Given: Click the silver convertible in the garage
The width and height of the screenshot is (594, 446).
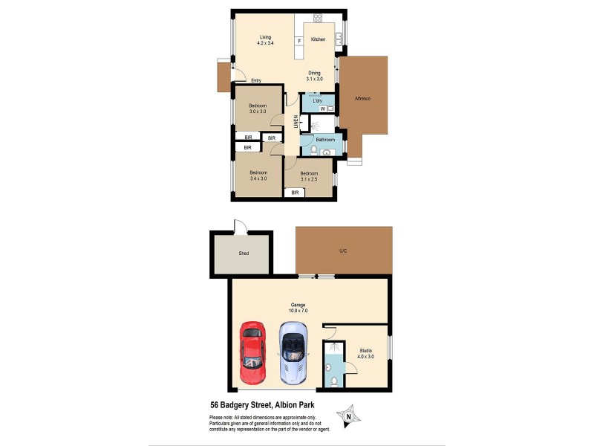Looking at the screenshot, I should coord(293,352).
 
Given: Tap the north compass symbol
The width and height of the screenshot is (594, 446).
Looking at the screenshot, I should coord(347,416).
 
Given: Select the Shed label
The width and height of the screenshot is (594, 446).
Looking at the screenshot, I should coord(244,253).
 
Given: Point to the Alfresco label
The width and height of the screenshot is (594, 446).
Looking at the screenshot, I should coord(362,98).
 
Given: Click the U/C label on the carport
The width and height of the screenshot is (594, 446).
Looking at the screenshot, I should coord(343,251).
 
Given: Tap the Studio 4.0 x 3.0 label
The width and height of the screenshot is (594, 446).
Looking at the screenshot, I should coord(365,353).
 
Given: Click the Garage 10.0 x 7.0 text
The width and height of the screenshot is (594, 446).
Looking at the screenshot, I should coord(298,308).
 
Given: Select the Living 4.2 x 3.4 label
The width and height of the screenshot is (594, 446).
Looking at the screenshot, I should coord(265,41).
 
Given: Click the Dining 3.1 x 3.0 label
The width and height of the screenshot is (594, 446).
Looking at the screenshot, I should coord(314,75).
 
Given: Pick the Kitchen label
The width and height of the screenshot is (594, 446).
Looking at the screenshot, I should coord(318,39).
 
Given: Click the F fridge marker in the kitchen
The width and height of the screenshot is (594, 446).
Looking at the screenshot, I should coord(299,41).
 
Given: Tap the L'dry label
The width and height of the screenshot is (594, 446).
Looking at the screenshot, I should coord(317,100).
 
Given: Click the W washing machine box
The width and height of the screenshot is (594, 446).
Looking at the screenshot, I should coord(323,109).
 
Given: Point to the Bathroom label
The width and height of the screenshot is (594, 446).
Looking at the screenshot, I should coord(325,139).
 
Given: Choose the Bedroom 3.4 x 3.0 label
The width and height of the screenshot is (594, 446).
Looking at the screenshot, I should coord(257,175).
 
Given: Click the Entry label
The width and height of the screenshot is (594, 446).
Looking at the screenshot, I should coord(256,80).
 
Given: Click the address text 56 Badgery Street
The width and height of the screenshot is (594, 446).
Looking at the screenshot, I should coord(249,406).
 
